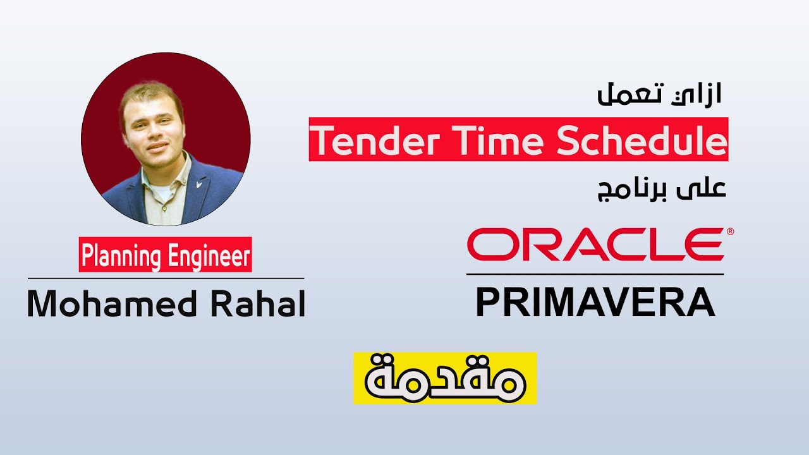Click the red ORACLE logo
[594, 245]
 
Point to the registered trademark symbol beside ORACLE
[730, 232]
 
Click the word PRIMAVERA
[595, 303]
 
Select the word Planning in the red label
[119, 255]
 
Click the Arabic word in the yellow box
[445, 378]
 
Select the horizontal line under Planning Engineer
[166, 278]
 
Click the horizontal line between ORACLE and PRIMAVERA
[595, 274]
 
